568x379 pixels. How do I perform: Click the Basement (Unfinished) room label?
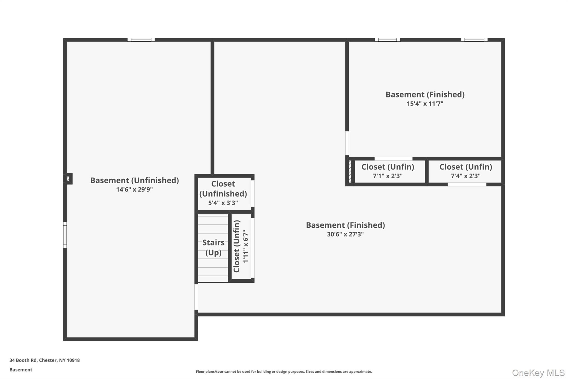pyautogui.click(x=135, y=180)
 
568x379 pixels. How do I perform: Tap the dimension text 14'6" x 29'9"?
pyautogui.click(x=135, y=190)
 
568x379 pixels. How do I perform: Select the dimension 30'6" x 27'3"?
pyautogui.click(x=345, y=234)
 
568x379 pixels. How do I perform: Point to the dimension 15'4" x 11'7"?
pyautogui.click(x=425, y=104)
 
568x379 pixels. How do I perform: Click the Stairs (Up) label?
pyautogui.click(x=213, y=247)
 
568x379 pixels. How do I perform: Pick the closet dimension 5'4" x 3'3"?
pyautogui.click(x=223, y=203)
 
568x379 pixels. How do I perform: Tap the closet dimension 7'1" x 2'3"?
pyautogui.click(x=387, y=176)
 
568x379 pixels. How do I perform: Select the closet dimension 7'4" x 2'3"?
pyautogui.click(x=466, y=176)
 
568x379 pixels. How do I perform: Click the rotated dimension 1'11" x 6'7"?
pyautogui.click(x=246, y=246)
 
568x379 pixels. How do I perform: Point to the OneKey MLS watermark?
pyautogui.click(x=538, y=373)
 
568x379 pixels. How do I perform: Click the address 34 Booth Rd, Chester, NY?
pyautogui.click(x=45, y=360)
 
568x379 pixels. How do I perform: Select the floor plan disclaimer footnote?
pyautogui.click(x=284, y=372)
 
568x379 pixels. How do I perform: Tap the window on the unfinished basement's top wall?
pyautogui.click(x=141, y=40)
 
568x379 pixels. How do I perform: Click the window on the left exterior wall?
pyautogui.click(x=65, y=235)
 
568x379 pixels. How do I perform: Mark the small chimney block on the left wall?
pyautogui.click(x=68, y=179)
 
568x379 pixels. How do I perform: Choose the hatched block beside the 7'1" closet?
pyautogui.click(x=350, y=171)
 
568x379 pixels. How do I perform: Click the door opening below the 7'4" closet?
pyautogui.click(x=467, y=185)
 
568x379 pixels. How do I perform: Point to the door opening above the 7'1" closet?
pyautogui.click(x=393, y=159)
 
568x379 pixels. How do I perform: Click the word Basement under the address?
pyautogui.click(x=21, y=370)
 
